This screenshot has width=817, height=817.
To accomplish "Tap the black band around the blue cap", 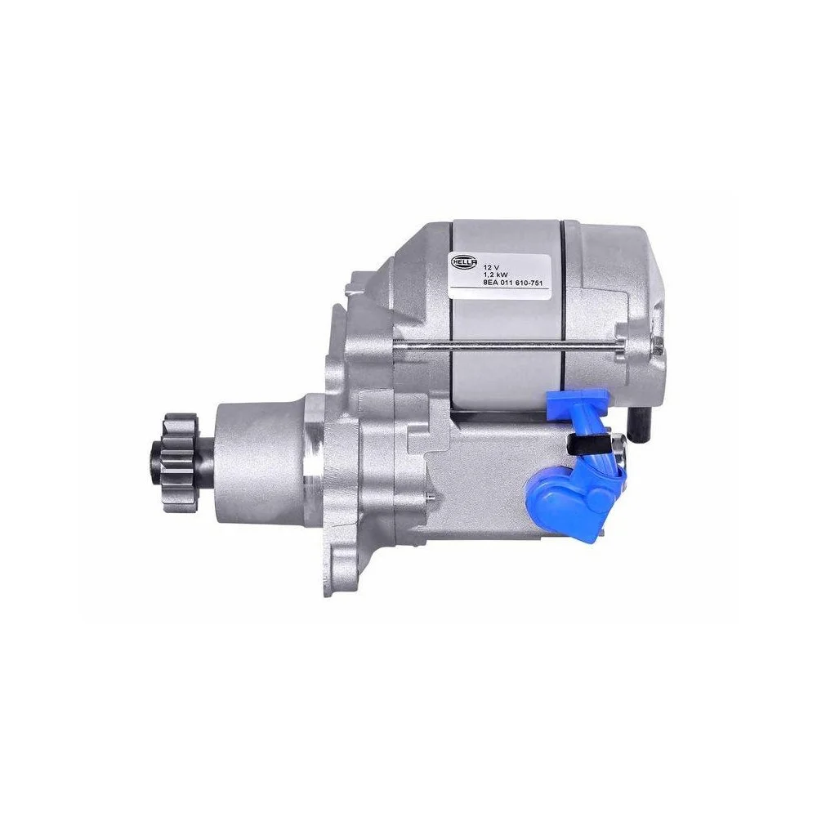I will [587, 444].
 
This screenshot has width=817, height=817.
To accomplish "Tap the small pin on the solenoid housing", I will [431, 495].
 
